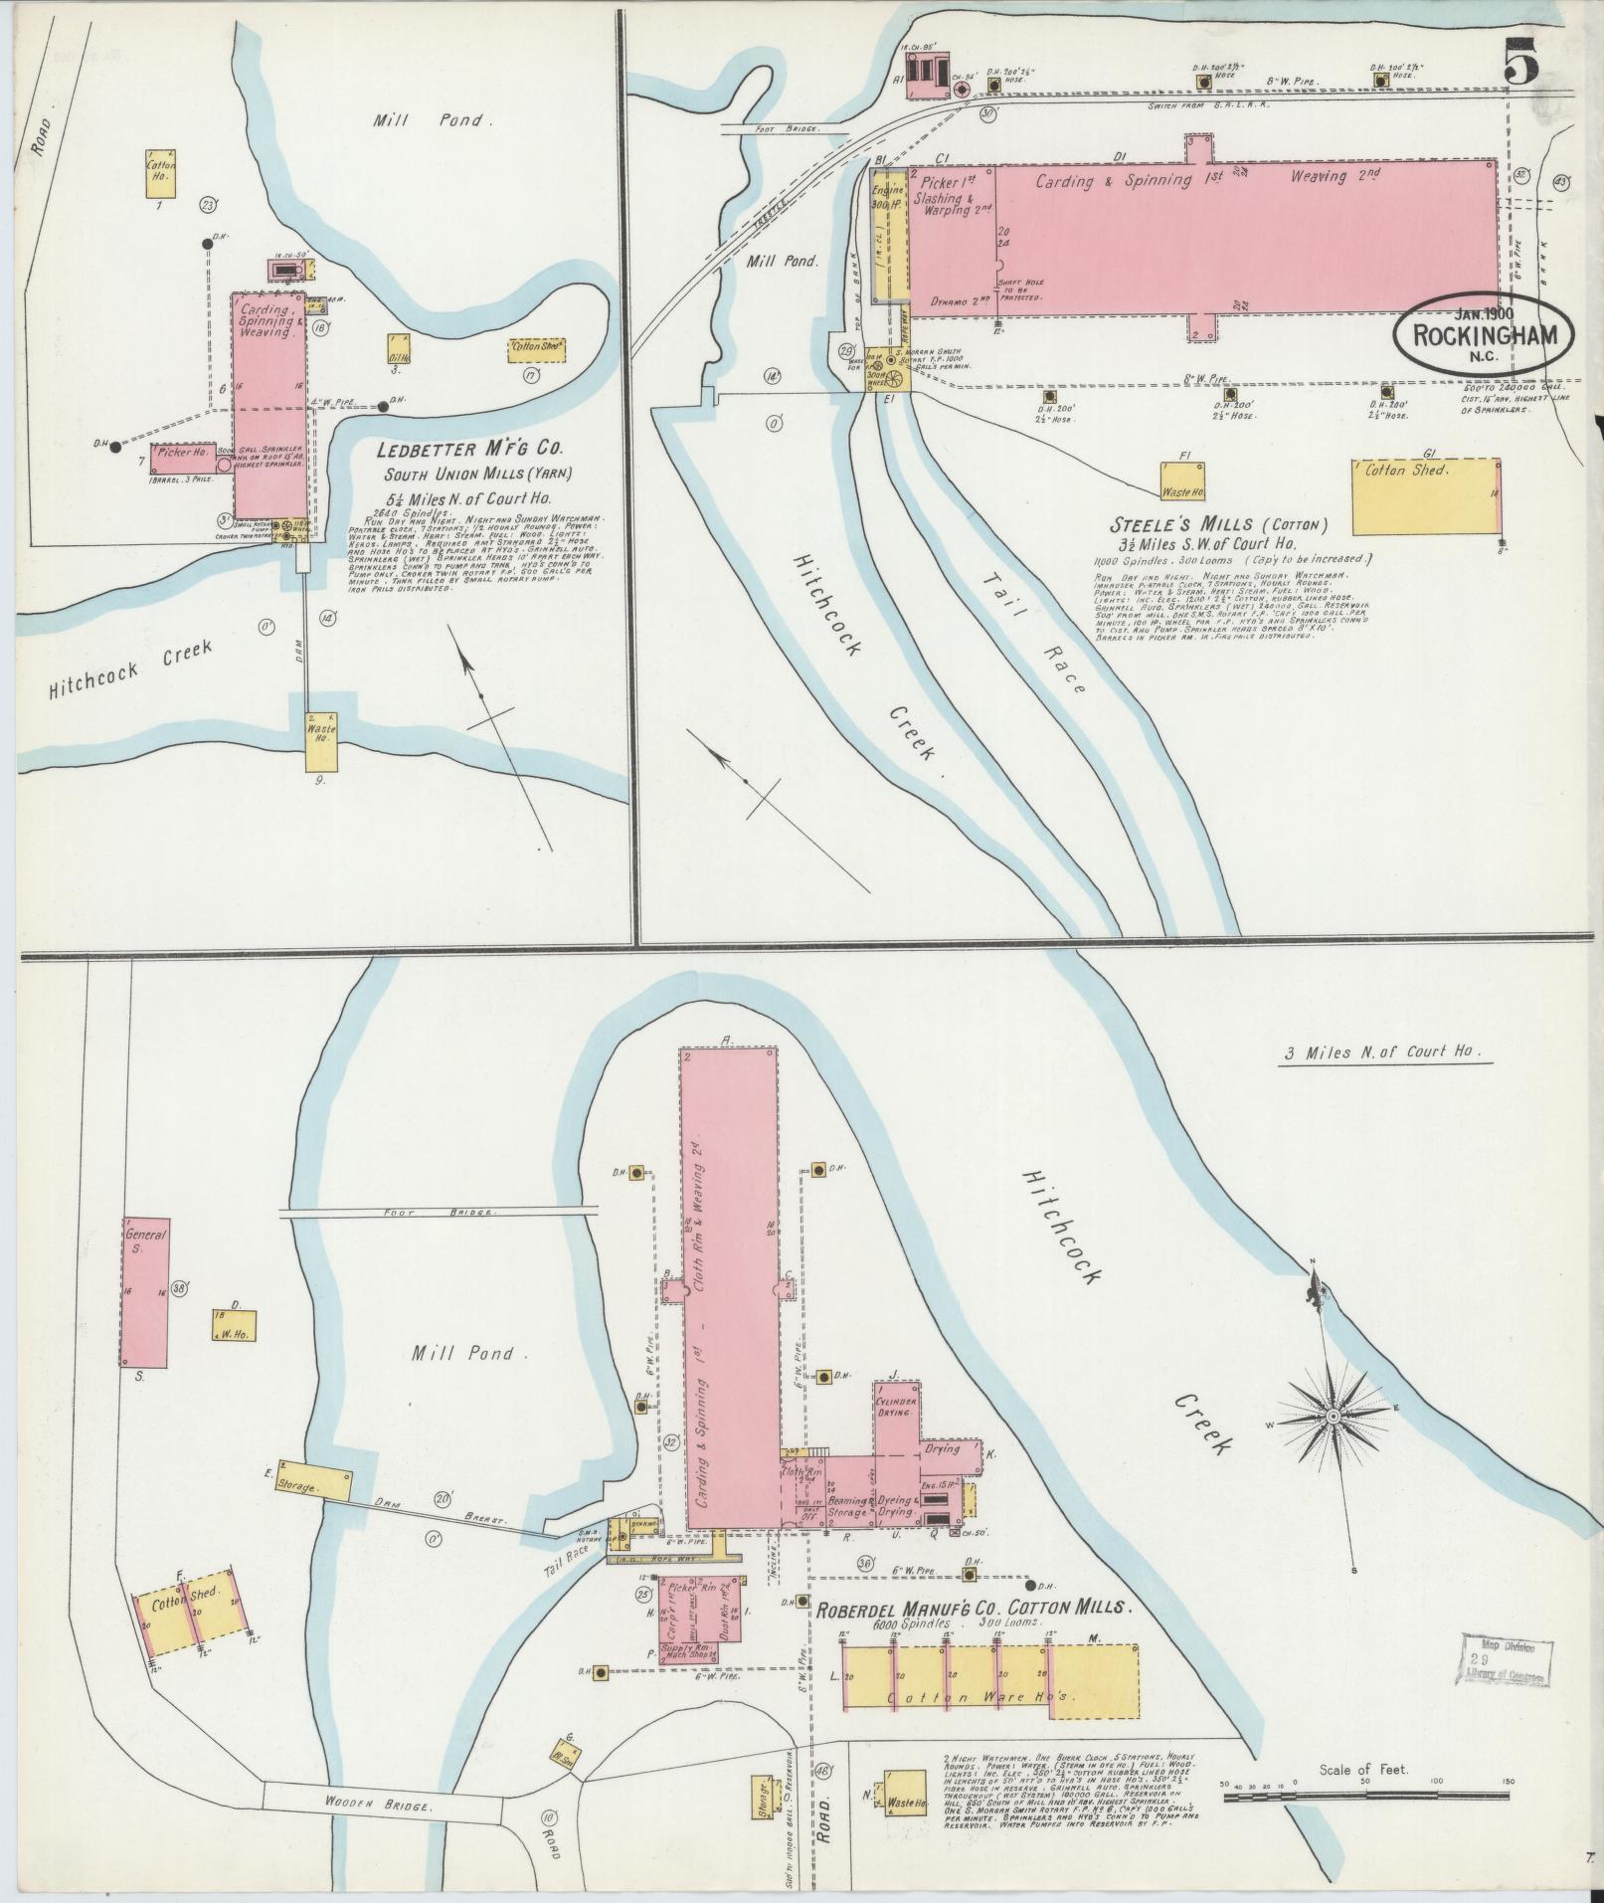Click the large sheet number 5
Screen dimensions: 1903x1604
coord(1521,62)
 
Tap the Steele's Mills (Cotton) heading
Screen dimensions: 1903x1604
coord(1219,524)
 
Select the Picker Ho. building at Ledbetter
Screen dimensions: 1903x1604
coord(183,457)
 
